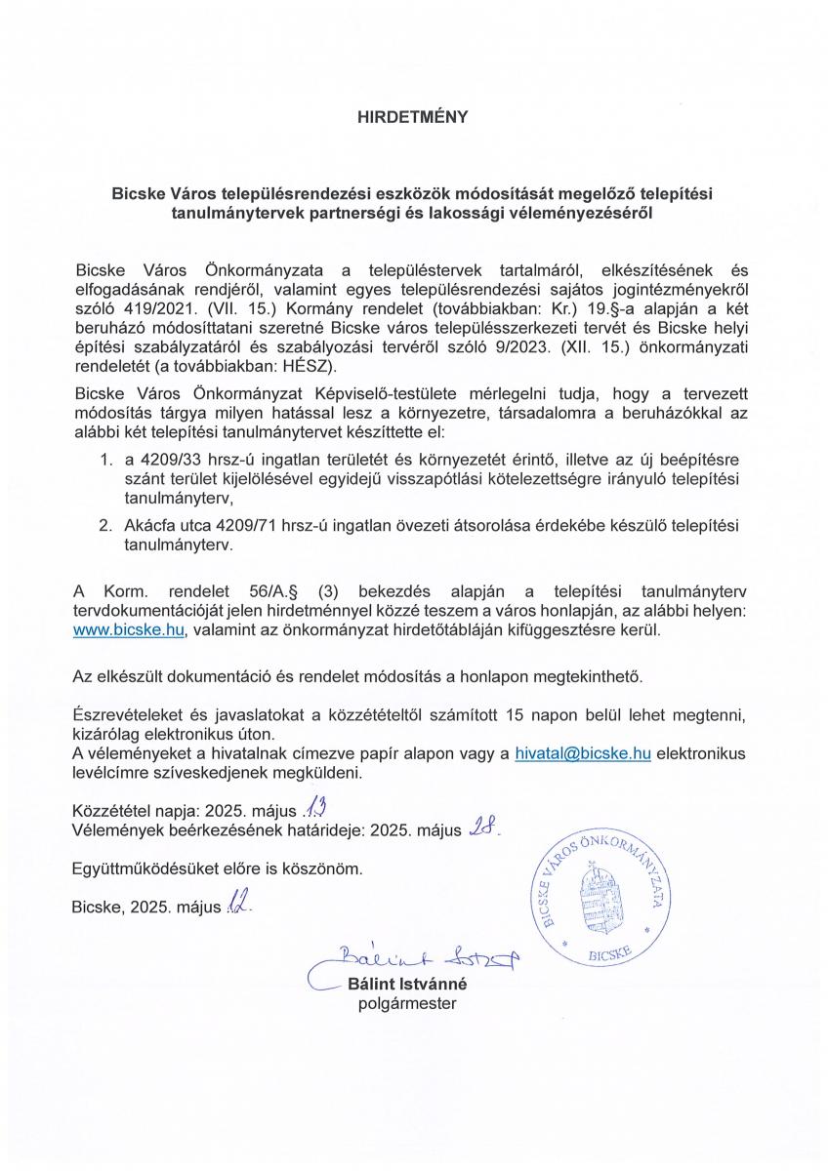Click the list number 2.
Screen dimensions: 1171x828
106,526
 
